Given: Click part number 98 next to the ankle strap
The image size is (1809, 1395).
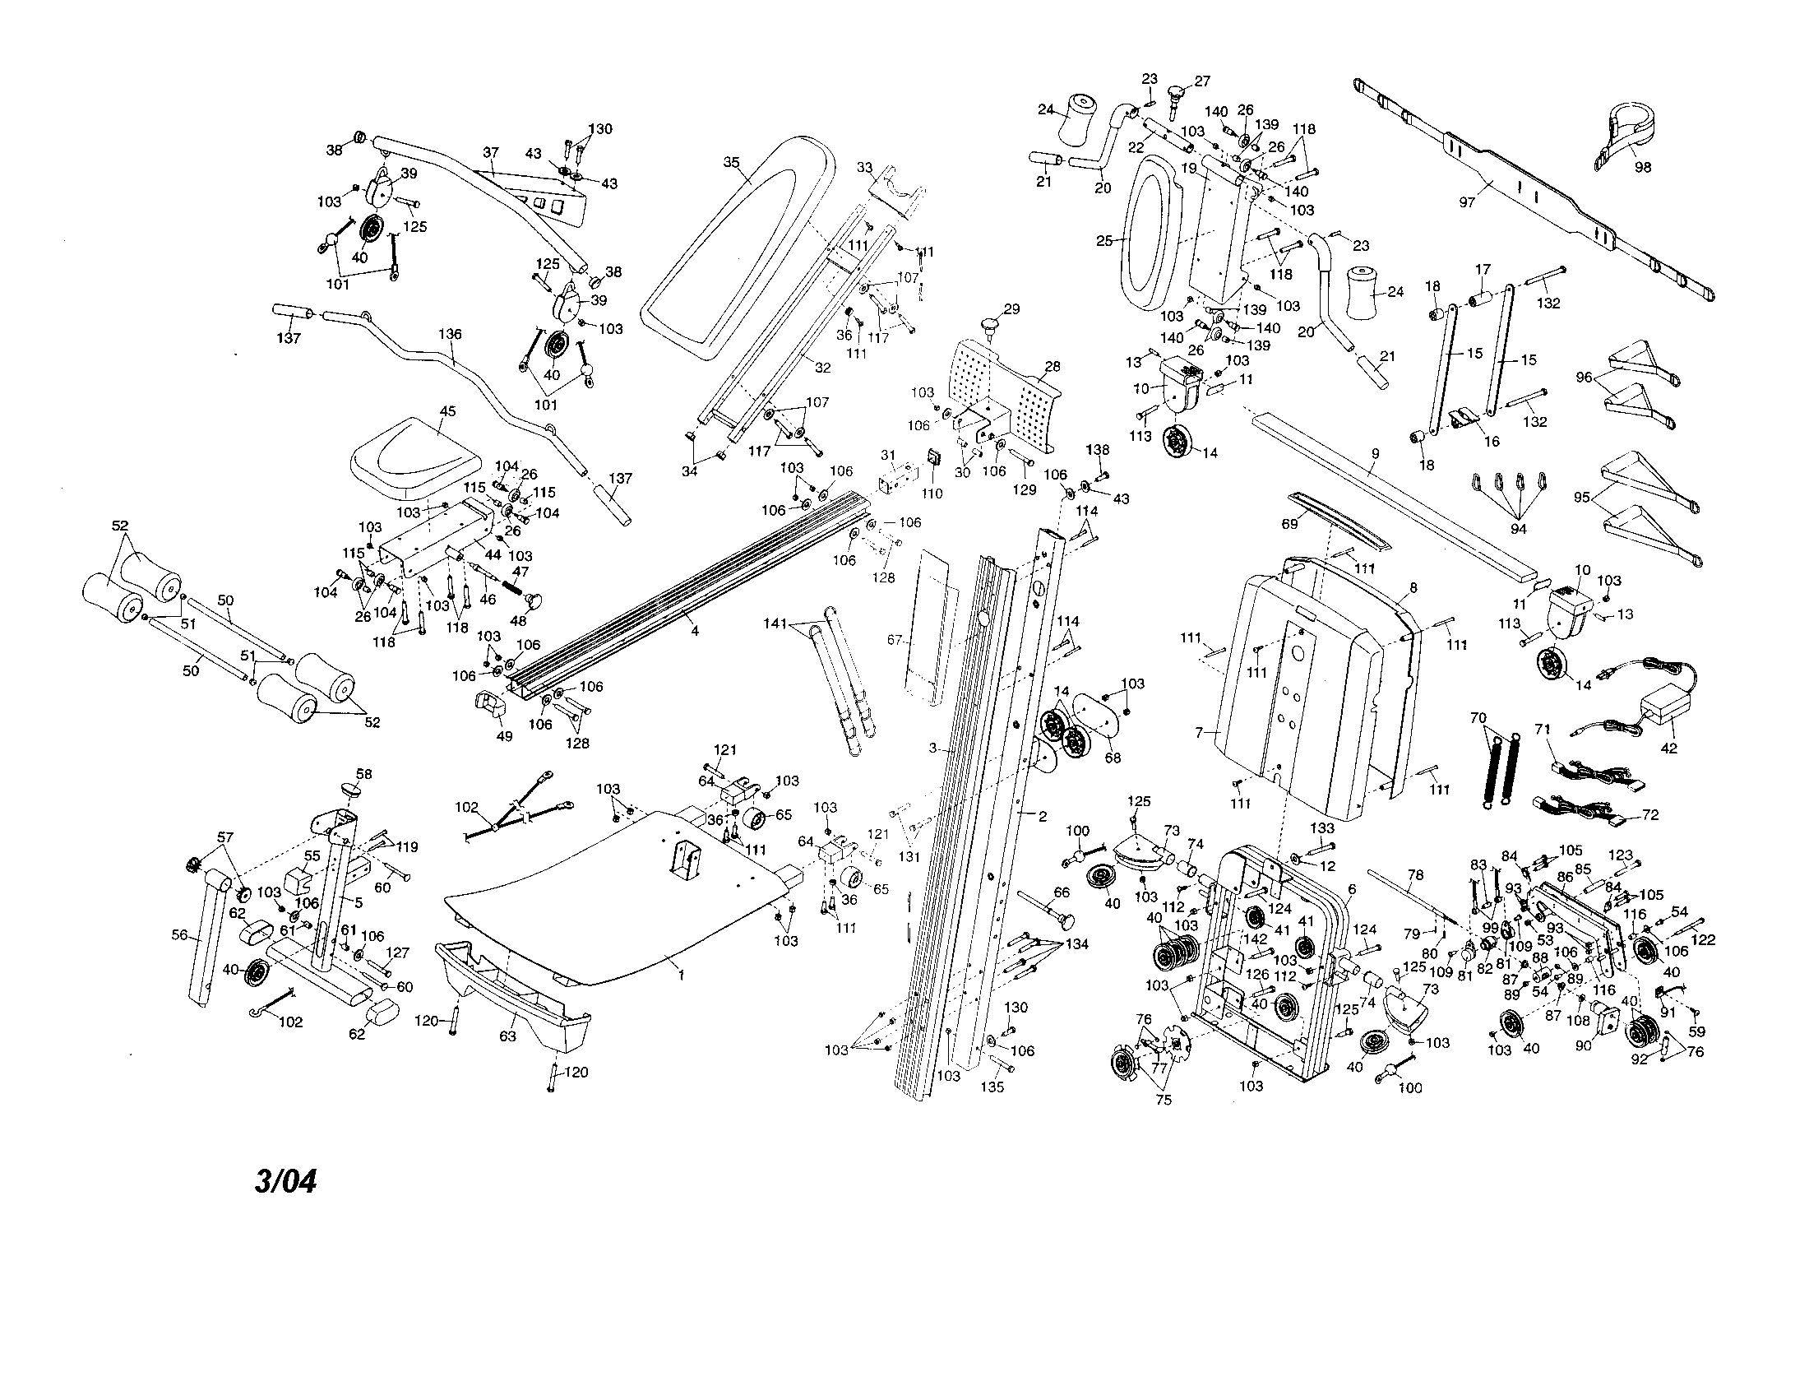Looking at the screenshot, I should (x=1642, y=166).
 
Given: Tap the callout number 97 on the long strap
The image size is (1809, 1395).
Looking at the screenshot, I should (x=1466, y=202).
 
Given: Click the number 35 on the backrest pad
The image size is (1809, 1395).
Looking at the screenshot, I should (x=731, y=162).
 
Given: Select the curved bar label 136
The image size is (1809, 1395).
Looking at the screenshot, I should (x=451, y=334).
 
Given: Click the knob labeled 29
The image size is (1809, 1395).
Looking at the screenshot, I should (x=992, y=323).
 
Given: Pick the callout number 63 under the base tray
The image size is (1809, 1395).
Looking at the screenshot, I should (x=507, y=1036).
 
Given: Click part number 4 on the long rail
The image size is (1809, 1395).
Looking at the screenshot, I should (x=694, y=631).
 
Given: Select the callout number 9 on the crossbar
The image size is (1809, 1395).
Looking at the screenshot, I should (x=1375, y=453).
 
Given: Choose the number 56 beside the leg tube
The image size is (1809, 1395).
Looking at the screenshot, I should (x=179, y=935).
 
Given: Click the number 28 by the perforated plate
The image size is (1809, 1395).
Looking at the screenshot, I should (x=1053, y=365).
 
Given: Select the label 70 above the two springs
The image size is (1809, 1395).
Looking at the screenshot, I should (x=1478, y=718).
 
